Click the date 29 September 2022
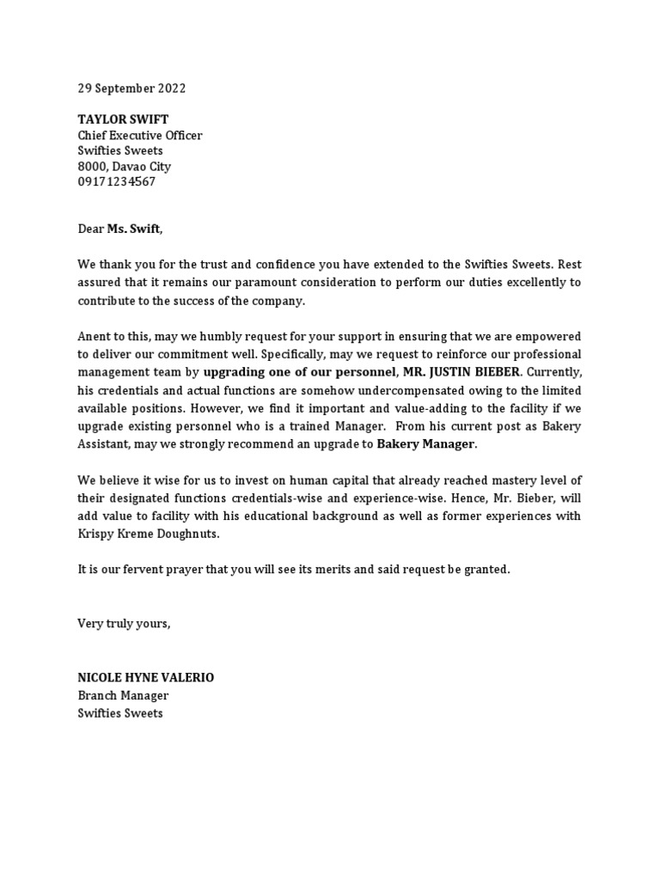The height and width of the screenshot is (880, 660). [x=131, y=89]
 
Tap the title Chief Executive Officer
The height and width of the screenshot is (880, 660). [x=140, y=136]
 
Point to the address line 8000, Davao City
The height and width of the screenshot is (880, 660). [x=124, y=167]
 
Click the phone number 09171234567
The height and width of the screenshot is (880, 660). [x=117, y=182]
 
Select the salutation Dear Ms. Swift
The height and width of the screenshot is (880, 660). [x=119, y=229]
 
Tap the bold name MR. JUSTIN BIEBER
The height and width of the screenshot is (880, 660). [x=461, y=372]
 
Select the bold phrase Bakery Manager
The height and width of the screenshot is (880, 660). [x=425, y=444]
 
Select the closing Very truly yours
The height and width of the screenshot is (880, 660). [x=124, y=623]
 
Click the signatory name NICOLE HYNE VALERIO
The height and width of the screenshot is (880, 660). [x=146, y=678]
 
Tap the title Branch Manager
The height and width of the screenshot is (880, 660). [x=123, y=695]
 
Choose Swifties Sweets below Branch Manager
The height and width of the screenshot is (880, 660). [x=120, y=713]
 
